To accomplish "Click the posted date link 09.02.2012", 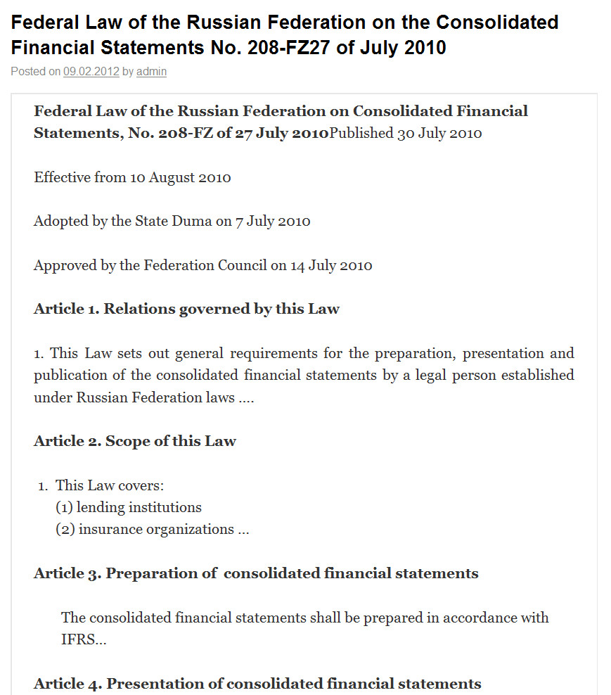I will point(91,71).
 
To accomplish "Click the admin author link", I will point(151,71).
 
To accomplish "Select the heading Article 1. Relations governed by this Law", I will point(186,310).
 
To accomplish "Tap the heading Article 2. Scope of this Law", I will point(135,442).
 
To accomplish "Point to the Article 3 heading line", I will point(256,573).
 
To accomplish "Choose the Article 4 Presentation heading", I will point(257,684).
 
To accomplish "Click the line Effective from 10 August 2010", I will point(132,177).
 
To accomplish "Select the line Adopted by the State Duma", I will point(172,222).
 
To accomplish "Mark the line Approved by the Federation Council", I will point(202,266).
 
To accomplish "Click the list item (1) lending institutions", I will point(129,507).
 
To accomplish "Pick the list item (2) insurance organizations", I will point(152,530).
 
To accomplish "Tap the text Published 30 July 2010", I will point(406,134).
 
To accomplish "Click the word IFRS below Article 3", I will point(79,640).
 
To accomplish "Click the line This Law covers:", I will point(110,485).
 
